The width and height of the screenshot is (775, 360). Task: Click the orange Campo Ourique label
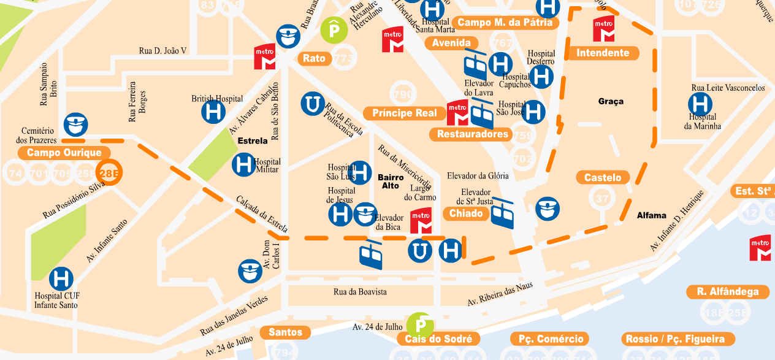64,153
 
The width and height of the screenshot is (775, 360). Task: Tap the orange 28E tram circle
110,172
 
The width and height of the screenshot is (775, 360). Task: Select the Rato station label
315,59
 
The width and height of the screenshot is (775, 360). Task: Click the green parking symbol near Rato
334,29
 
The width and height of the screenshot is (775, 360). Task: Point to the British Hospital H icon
214,112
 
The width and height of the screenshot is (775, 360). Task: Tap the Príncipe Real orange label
405,113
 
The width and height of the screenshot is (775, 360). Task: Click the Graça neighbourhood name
611,101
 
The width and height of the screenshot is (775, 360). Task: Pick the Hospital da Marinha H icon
700,104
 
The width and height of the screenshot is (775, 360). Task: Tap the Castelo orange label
603,178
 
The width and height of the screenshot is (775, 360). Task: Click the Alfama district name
651,215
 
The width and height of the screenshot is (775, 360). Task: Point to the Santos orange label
286,332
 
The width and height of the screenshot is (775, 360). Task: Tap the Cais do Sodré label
438,339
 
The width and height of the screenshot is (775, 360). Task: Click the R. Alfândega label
727,292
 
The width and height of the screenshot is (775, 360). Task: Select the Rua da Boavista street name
360,292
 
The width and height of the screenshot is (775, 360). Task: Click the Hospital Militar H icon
243,164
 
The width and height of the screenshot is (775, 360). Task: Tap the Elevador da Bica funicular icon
371,255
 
